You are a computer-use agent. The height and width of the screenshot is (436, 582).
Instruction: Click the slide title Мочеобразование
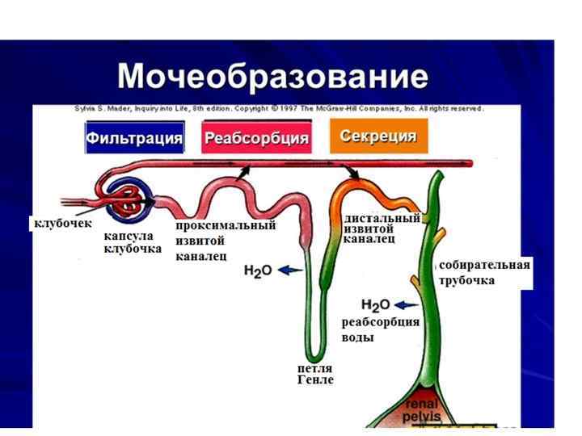coord(272,77)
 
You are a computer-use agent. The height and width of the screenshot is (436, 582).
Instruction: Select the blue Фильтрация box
coord(134,137)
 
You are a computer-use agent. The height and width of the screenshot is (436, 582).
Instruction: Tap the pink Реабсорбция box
coord(256,138)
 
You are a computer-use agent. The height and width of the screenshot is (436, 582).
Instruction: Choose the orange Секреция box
coord(377,136)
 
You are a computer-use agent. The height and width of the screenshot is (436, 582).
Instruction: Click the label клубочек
coord(62,222)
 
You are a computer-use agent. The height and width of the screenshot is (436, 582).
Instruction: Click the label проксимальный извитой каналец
coord(226,241)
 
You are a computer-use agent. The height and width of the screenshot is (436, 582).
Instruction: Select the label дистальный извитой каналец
coord(382,228)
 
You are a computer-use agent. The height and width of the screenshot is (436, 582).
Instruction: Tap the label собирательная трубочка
coord(484,272)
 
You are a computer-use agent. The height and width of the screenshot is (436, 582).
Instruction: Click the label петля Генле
coord(315,374)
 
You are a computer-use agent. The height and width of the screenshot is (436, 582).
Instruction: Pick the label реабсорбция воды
coord(380,329)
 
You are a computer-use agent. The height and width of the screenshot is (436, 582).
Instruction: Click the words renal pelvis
coord(423,410)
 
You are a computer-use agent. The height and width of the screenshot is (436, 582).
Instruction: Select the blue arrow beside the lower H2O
coord(407,304)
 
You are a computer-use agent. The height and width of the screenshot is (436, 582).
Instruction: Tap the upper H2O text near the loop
coord(258,271)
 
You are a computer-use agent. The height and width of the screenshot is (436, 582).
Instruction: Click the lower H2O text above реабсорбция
coord(375,305)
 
